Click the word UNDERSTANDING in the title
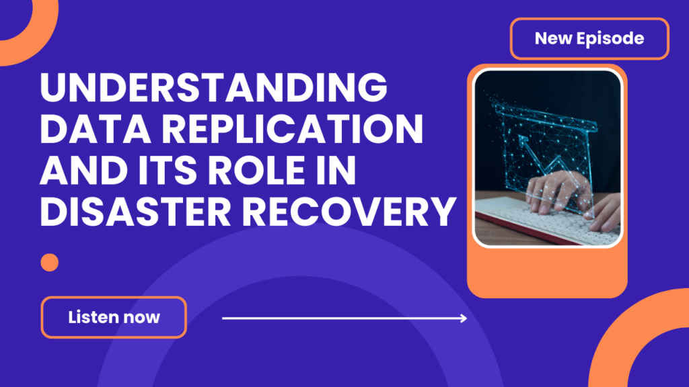click(x=214, y=89)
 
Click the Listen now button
click(x=114, y=317)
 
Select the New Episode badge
click(x=589, y=38)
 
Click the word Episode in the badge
click(x=612, y=38)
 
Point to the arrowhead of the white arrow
click(x=463, y=318)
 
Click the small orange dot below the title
click(x=50, y=262)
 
